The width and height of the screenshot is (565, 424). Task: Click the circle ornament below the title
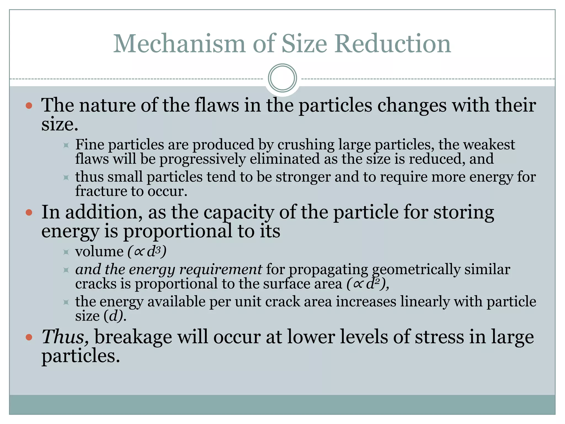click(282, 78)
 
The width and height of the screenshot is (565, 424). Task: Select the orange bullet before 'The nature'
click(29, 106)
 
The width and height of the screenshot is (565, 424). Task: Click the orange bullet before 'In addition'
click(29, 213)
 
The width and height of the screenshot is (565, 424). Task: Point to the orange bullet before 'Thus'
click(29, 337)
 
